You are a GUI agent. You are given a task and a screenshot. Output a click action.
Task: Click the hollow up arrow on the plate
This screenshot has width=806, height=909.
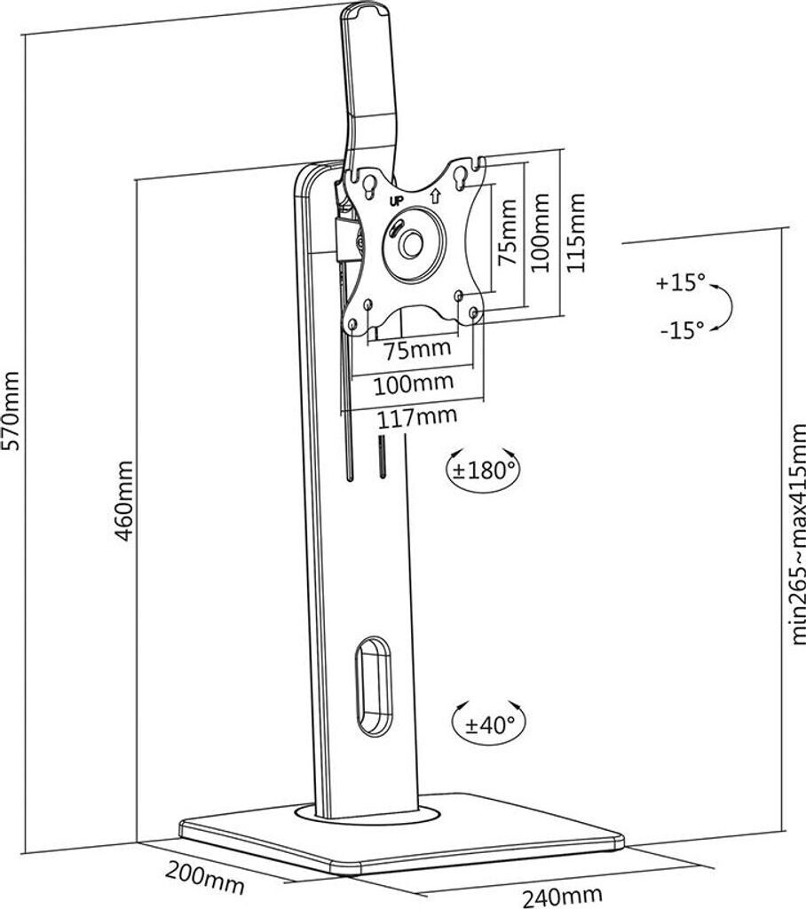[435, 194]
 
